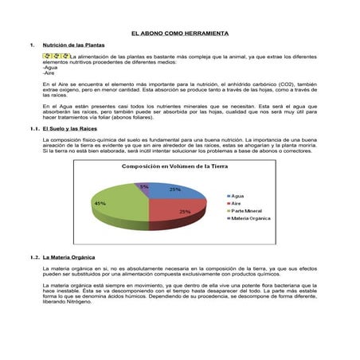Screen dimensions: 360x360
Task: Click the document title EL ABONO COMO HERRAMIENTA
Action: click(x=179, y=33)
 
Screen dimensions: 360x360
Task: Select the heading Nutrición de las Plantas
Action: click(x=75, y=45)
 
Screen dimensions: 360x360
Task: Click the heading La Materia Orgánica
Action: click(x=70, y=257)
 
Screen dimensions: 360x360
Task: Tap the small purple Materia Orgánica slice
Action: click(x=143, y=188)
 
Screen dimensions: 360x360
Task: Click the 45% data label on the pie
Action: click(x=100, y=204)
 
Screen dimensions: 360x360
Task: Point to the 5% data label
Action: click(x=143, y=186)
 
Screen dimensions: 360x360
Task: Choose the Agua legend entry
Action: click(x=239, y=195)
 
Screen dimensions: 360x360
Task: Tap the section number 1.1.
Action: click(x=33, y=127)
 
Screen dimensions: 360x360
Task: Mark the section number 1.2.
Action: click(x=33, y=257)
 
